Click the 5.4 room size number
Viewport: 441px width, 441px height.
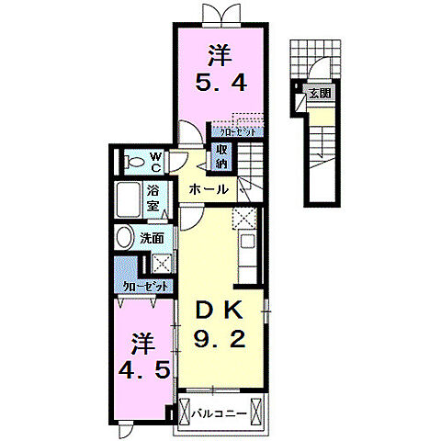[x=220, y=88]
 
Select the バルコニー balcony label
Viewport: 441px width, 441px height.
[x=220, y=413]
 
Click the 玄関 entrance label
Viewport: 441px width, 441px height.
[x=320, y=93]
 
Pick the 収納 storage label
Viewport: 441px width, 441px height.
[x=222, y=157]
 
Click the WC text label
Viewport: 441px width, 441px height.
[x=155, y=162]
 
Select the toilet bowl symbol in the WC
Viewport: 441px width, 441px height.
[x=134, y=162]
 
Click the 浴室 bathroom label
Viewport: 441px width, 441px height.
[x=154, y=198]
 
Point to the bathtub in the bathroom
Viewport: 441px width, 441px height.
[x=129, y=199]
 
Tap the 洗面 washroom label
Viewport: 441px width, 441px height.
[x=152, y=238]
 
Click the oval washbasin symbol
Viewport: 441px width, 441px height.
[x=126, y=237]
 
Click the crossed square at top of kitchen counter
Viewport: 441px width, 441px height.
[x=243, y=219]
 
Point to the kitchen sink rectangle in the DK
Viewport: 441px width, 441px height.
[x=245, y=244]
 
